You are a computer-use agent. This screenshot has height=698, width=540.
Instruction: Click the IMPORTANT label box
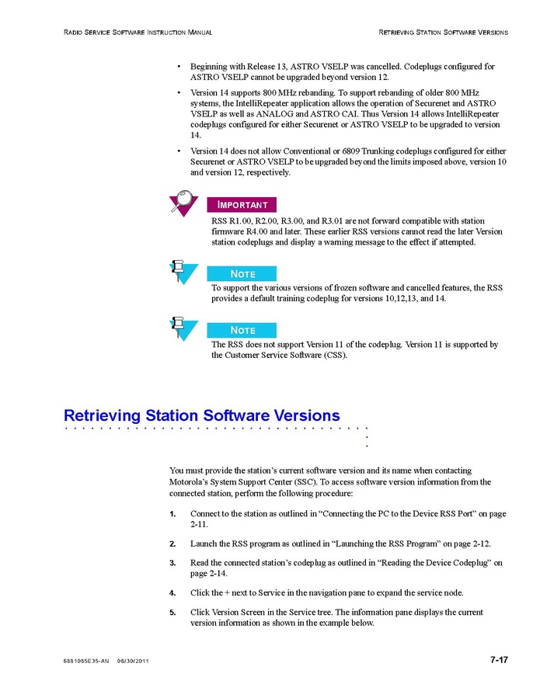pyautogui.click(x=242, y=205)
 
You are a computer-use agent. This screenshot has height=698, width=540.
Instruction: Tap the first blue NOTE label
pyautogui.click(x=242, y=273)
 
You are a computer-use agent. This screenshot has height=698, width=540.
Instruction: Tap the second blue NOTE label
pyautogui.click(x=242, y=330)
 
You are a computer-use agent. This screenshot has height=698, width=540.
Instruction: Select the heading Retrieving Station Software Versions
pyautogui.click(x=202, y=415)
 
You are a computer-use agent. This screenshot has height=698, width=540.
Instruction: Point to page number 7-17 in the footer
pyautogui.click(x=499, y=660)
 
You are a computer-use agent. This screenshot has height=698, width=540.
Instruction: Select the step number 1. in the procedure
pyautogui.click(x=172, y=514)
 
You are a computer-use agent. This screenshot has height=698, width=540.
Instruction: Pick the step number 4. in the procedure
pyautogui.click(x=172, y=592)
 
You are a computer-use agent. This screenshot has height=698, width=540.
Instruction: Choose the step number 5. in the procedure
pyautogui.click(x=172, y=612)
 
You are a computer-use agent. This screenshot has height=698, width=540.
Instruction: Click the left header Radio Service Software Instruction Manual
pyautogui.click(x=138, y=33)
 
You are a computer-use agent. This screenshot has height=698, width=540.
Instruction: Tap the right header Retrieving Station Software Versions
pyautogui.click(x=443, y=33)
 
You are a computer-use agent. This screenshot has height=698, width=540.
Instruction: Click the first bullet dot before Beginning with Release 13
pyautogui.click(x=179, y=67)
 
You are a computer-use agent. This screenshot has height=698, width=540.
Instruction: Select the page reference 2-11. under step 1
pyautogui.click(x=199, y=524)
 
